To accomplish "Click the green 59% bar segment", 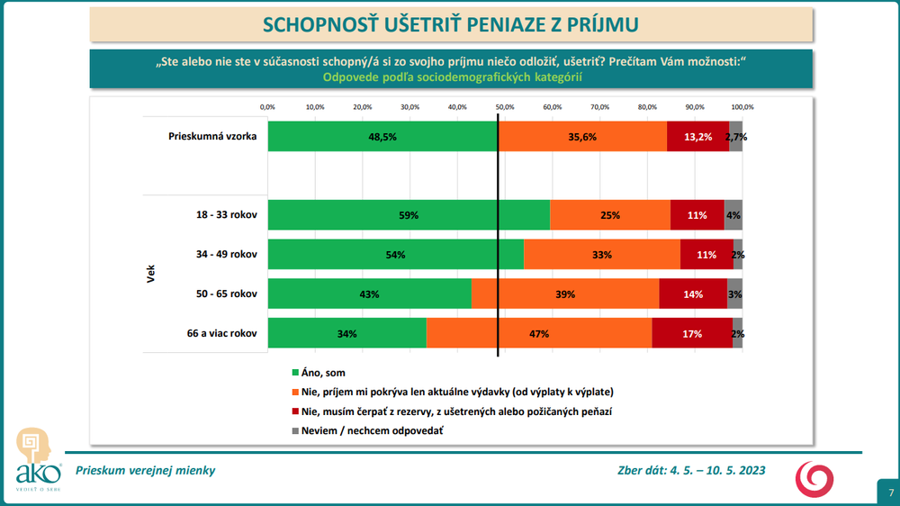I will click(x=409, y=216).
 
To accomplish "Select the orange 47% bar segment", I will click(x=539, y=333).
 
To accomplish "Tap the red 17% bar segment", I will click(x=692, y=333).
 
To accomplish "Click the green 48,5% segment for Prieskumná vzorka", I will click(x=382, y=137).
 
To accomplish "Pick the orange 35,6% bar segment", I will click(x=582, y=137).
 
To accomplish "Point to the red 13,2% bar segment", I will click(x=697, y=137).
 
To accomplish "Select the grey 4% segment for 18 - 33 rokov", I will click(x=733, y=216).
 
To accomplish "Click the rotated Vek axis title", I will click(x=151, y=275).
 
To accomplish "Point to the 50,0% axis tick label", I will click(x=505, y=107).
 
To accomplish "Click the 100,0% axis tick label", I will click(x=742, y=107).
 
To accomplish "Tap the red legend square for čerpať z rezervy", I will click(x=294, y=411).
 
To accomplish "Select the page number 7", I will click(x=889, y=492).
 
